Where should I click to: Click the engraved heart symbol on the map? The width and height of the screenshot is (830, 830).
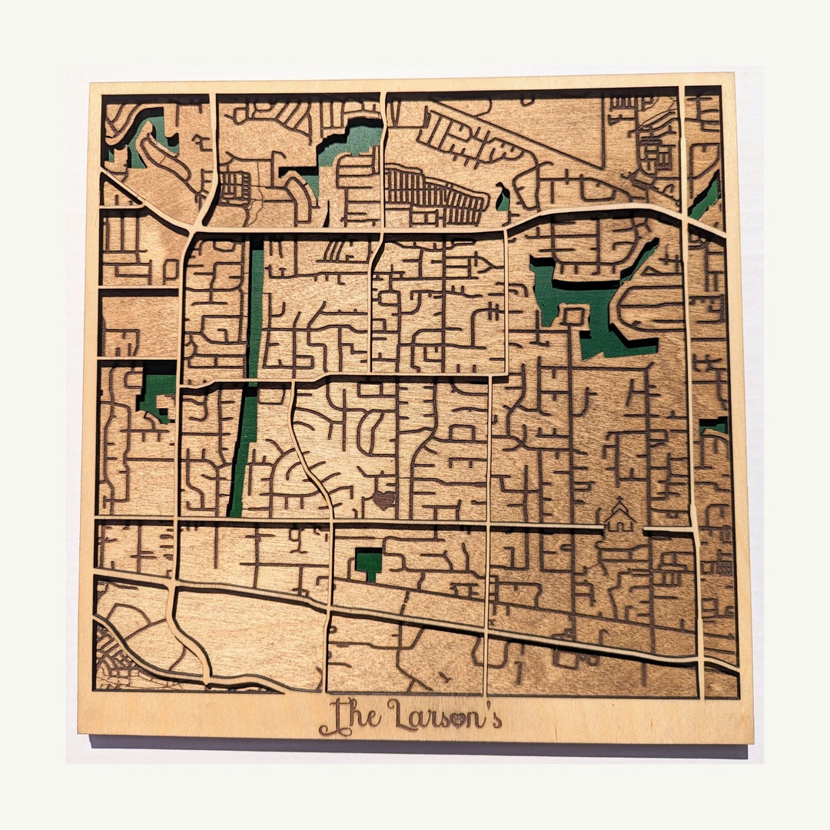coord(383,500)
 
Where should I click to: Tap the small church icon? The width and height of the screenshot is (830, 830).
coord(619,520)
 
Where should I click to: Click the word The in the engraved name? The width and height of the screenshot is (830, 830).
coord(350,716)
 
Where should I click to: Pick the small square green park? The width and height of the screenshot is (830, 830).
coord(369,563)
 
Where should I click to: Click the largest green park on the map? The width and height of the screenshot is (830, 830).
coord(592,307)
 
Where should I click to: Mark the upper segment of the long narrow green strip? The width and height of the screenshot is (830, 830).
coord(255,307)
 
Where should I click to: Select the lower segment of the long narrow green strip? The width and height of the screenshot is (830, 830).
coord(244,453)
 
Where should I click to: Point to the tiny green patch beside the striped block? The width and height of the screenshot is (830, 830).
coord(503,198)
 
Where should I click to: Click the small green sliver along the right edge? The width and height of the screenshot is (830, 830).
coord(713,424)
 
